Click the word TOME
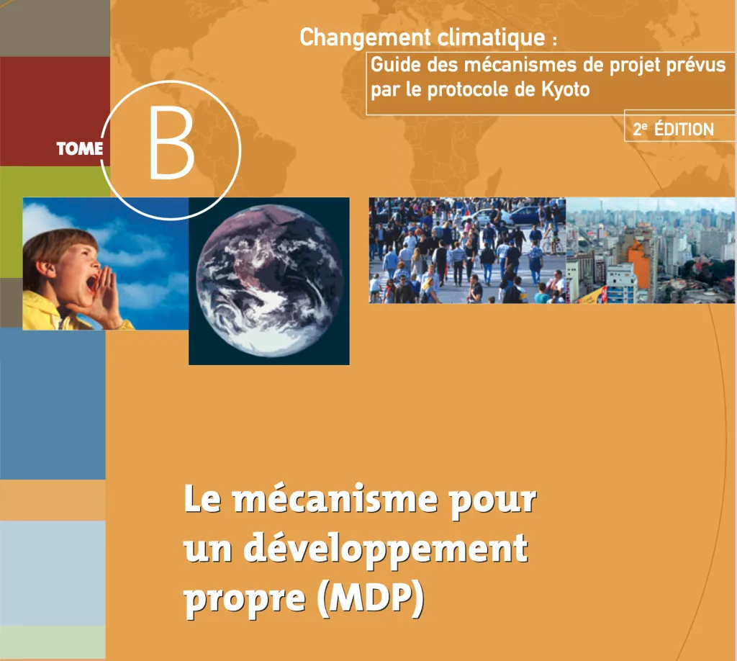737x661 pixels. (x=79, y=149)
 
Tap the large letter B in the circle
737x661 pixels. (x=171, y=143)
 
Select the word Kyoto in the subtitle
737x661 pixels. (x=566, y=90)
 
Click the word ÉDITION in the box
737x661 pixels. (x=684, y=129)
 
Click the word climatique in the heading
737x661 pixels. (x=491, y=38)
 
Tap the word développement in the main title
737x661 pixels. (x=386, y=549)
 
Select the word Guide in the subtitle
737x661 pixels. (x=396, y=65)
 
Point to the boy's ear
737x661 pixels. (x=44, y=269)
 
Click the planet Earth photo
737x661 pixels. (x=269, y=281)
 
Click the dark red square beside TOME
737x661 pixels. (x=55, y=112)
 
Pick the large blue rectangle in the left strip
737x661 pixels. (x=53, y=404)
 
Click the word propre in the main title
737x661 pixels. (x=245, y=601)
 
